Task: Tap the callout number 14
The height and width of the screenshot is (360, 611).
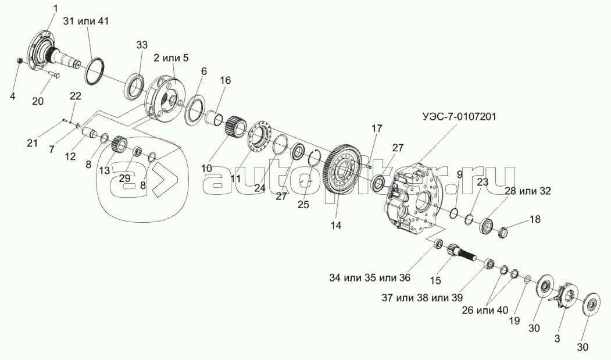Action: tap(337, 224)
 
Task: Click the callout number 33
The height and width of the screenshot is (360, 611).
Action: tap(142, 45)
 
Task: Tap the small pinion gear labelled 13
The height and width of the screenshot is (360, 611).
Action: tap(119, 144)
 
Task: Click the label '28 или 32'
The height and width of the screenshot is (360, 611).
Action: tap(527, 191)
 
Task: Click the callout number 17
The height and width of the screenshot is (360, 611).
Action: tap(377, 128)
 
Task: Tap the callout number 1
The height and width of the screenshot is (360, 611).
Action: tap(55, 8)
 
